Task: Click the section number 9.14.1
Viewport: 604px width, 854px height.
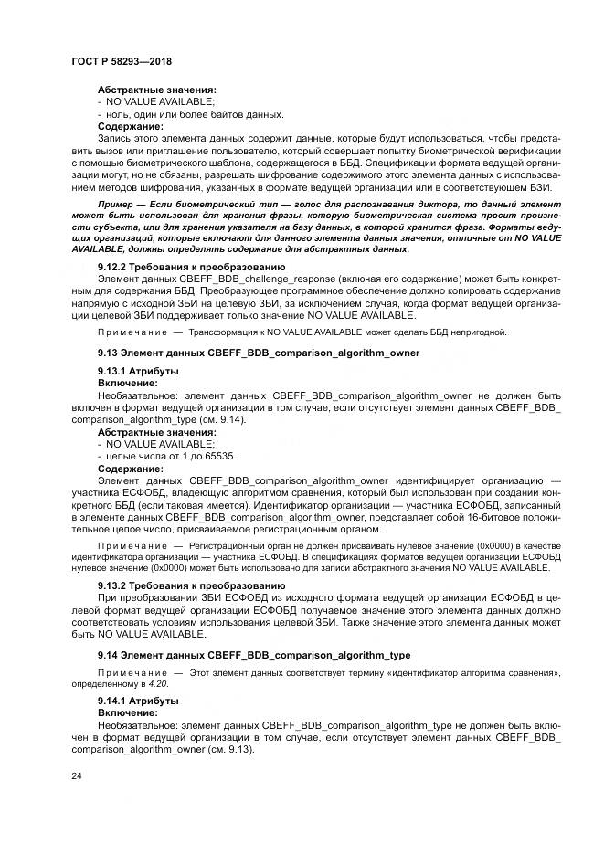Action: click(114, 700)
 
